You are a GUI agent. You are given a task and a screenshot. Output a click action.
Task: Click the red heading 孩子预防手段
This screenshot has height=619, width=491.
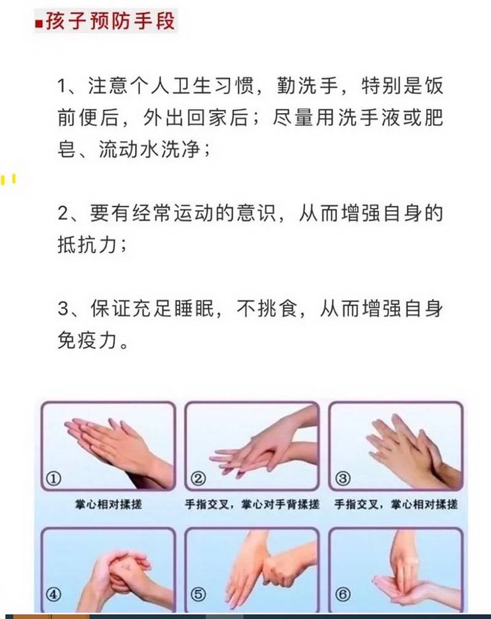(x=110, y=21)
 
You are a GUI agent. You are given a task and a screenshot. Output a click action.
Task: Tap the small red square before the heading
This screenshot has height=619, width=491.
(x=39, y=24)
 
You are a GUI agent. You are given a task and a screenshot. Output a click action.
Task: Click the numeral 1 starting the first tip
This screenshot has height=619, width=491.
(x=63, y=86)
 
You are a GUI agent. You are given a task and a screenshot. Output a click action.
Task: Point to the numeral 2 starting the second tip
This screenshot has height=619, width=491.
(x=64, y=214)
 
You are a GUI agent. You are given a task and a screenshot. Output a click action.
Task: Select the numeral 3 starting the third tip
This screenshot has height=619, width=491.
(x=64, y=309)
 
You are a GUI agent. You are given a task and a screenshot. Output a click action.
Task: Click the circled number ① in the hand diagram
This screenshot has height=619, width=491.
(x=53, y=479)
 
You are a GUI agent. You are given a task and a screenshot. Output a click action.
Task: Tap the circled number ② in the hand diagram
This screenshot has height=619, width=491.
(x=198, y=479)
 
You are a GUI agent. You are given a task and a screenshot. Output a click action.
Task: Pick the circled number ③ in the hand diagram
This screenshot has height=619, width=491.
(x=342, y=479)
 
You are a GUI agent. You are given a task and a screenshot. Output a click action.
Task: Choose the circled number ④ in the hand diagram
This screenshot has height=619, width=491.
(x=53, y=594)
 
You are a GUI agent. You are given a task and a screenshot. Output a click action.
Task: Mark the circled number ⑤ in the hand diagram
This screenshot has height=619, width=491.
(x=198, y=594)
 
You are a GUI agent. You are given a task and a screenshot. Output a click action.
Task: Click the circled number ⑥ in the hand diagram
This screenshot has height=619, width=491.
(x=342, y=594)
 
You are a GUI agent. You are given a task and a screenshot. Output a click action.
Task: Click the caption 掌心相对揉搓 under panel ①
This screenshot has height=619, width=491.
(x=109, y=504)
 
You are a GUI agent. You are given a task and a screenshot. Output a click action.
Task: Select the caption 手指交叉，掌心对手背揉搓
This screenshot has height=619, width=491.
(x=252, y=504)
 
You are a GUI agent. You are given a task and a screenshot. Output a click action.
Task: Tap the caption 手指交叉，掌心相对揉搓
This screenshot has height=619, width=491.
(x=396, y=504)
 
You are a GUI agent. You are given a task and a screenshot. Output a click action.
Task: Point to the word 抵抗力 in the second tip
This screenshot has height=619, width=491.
(x=88, y=245)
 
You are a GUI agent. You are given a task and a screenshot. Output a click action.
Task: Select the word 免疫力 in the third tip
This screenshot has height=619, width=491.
(x=88, y=340)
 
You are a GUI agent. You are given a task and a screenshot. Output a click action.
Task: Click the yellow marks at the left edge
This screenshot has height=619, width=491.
(x=9, y=179)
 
